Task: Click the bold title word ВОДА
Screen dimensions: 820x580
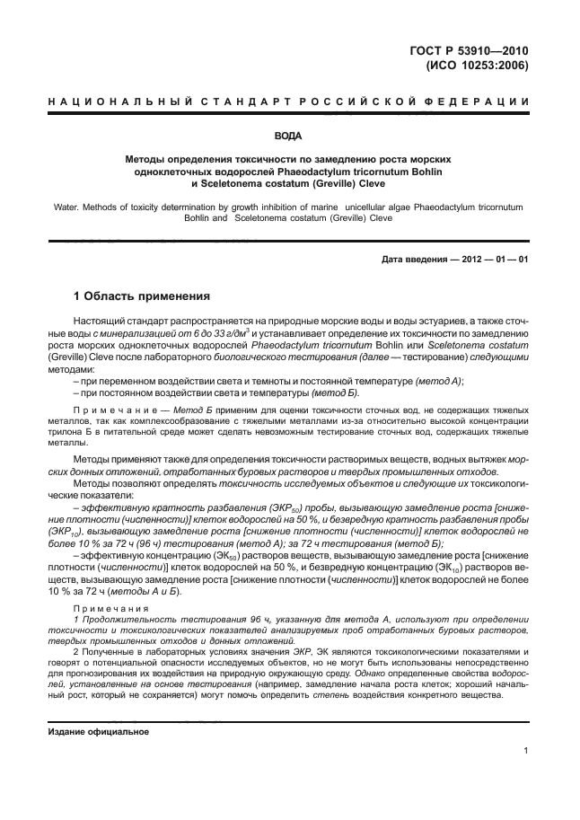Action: [288, 137]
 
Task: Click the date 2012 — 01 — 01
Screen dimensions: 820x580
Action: [496, 260]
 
